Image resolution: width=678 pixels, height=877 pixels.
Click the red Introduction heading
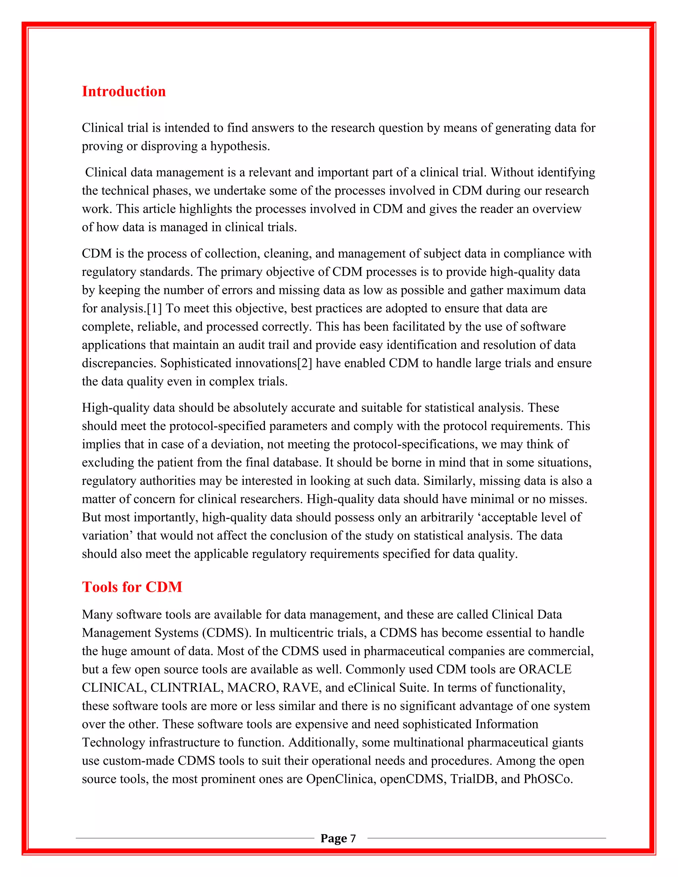124,92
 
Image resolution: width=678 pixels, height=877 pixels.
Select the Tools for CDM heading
132,587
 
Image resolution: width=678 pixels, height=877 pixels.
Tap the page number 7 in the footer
353,839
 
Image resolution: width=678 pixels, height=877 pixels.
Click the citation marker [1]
154,308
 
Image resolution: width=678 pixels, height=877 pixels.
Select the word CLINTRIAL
186,688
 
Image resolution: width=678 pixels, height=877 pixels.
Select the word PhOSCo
548,779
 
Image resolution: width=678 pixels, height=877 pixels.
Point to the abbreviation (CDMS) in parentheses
226,633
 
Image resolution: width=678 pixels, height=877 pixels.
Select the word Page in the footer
333,839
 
